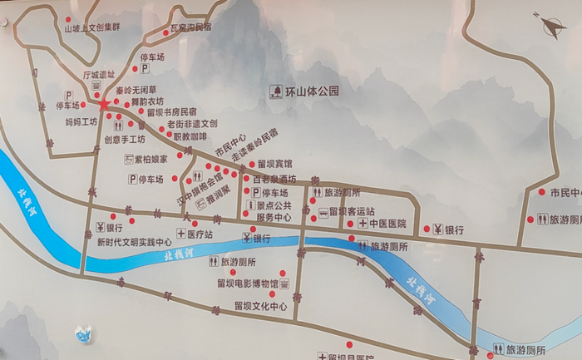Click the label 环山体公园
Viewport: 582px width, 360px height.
click(312, 91)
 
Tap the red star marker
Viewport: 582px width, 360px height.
click(104, 105)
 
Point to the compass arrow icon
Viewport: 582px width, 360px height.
click(550, 26)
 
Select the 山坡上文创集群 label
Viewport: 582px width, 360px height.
click(92, 27)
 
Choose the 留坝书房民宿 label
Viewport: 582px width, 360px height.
click(172, 111)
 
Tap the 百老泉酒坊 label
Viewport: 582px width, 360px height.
click(274, 179)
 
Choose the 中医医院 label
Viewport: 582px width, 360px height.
click(387, 224)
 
